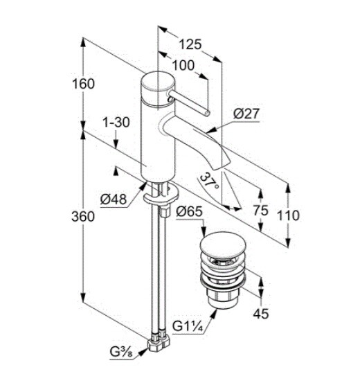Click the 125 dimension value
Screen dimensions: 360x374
coord(190,44)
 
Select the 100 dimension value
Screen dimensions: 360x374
coord(183,65)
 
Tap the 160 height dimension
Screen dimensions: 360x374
coord(83,84)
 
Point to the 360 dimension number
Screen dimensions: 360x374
coord(83,217)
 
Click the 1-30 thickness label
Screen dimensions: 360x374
coord(116,123)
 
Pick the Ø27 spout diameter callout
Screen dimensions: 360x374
coord(246,114)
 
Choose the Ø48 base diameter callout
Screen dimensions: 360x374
coord(113,199)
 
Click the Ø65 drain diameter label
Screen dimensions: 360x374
coord(189,211)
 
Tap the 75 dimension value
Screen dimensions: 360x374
coord(260,211)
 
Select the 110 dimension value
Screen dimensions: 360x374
coord(288,215)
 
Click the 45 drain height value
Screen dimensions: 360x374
coord(261,314)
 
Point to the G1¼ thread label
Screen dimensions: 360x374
coord(188,326)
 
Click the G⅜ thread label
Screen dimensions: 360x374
coord(121,352)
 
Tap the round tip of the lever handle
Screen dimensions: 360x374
coord(207,114)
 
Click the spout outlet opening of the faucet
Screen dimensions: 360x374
coord(222,166)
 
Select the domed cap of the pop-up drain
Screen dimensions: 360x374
coord(219,247)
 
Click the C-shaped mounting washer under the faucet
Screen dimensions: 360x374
coord(161,196)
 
